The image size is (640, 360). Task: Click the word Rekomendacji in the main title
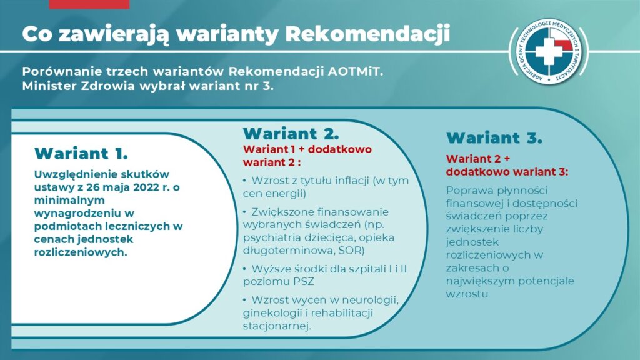[x=367, y=34]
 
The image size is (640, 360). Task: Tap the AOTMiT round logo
[x=549, y=52]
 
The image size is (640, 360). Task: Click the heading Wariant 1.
[x=81, y=154]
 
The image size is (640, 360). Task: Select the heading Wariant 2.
[x=291, y=134]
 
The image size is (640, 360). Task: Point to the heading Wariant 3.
[x=494, y=137]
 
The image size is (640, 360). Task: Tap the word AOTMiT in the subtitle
[x=356, y=71]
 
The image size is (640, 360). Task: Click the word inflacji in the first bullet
[x=351, y=181]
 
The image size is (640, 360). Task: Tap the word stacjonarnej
[x=277, y=326]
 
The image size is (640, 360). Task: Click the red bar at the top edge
[x=89, y=4]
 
